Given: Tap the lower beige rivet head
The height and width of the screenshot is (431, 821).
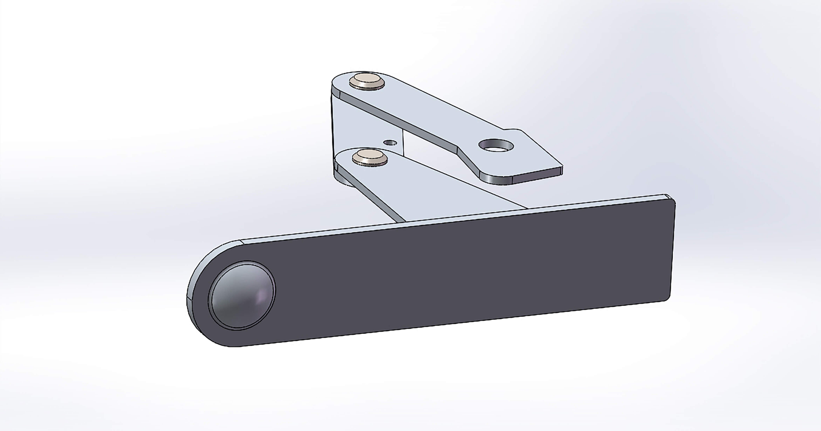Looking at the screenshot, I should coord(370,156).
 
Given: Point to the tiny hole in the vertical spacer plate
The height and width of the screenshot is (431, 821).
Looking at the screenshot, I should coord(391,143).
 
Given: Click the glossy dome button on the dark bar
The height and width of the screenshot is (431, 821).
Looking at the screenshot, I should coord(242,295).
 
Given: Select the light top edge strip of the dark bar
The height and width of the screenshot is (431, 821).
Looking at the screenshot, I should coord(446,217).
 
